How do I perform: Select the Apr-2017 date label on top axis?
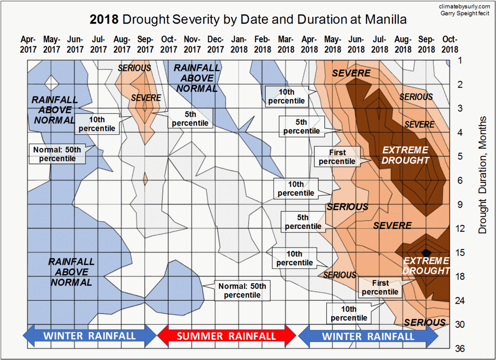click(x=29, y=44)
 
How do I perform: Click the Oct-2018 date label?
click(x=450, y=44)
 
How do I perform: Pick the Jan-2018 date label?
click(x=239, y=44)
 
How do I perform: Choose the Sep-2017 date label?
click(x=145, y=44)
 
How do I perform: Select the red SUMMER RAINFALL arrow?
click(x=227, y=336)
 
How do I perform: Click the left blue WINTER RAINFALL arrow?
click(x=90, y=335)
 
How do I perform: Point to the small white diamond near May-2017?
click(x=51, y=83)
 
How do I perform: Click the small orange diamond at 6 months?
click(x=145, y=180)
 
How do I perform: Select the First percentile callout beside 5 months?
click(x=337, y=157)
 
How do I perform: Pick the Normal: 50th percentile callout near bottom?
click(x=242, y=291)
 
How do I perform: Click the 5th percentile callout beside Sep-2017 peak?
click(x=190, y=118)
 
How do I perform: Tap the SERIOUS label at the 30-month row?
click(x=424, y=322)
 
